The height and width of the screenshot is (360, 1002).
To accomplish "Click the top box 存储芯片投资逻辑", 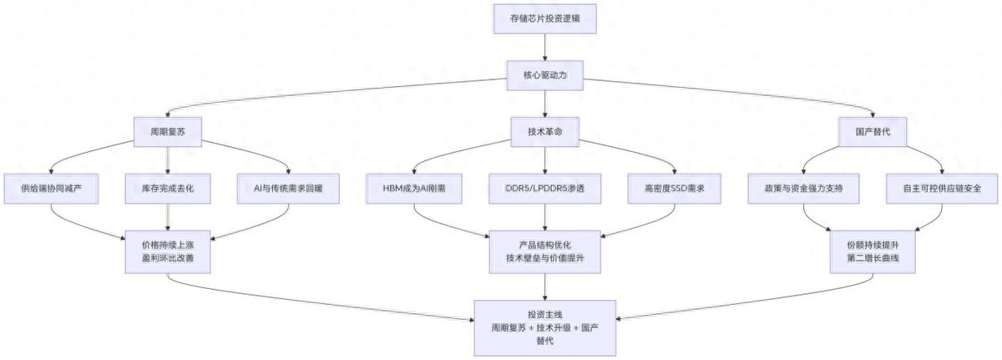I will pos(545,18).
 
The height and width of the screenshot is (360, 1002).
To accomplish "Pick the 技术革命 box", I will pos(545,132).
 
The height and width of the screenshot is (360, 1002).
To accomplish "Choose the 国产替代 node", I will pos(873,132).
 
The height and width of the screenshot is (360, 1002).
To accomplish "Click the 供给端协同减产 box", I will pos(52,189).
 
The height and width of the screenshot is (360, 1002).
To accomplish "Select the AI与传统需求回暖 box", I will pos(287,189).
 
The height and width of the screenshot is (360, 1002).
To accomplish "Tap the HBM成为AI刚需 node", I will pos(413,189).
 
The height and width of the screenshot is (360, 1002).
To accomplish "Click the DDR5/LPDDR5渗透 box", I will pos(545,189).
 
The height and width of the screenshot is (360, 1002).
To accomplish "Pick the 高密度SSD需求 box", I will pos(676,189).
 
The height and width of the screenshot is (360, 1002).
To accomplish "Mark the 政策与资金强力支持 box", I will pos(803,189).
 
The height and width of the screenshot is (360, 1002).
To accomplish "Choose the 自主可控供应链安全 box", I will pos(943,189).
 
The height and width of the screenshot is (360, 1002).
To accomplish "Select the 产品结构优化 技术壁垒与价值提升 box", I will pos(545,251).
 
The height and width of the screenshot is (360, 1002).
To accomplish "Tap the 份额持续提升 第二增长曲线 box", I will pos(874,251).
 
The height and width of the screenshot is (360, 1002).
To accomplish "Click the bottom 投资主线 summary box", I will pos(545,327).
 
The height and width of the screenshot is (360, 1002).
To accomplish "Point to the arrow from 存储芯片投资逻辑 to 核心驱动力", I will pos(545,48).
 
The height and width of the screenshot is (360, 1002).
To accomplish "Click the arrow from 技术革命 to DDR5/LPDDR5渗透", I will pos(545,160).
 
